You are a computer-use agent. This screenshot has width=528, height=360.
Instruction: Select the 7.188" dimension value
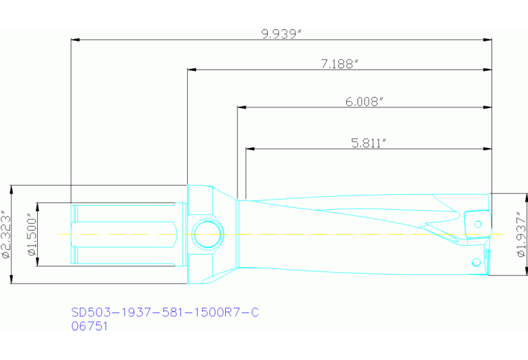pos(341,63)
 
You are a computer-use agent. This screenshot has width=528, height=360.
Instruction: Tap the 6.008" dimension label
pos(364,101)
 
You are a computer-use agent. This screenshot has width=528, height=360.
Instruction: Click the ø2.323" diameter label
pos(6,234)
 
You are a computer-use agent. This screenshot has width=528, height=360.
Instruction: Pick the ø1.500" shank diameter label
pos(31,234)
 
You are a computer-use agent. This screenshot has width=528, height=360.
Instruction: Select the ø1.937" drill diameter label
pos(520,234)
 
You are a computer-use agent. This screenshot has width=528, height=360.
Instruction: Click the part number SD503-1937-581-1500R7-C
pos(165,313)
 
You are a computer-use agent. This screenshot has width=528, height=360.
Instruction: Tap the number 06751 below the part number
pos(89,327)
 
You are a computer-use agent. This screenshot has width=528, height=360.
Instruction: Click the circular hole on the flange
pos(207,235)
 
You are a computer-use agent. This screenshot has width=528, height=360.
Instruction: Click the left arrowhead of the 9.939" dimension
pos(76,40)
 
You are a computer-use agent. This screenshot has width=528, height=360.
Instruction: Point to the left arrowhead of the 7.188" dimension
pos(192,70)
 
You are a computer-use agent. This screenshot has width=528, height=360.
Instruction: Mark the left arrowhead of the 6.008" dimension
pos(242,107)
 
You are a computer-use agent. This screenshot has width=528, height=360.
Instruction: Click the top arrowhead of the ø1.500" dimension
pos(37,207)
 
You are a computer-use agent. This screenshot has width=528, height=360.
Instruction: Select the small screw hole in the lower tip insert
pos(475,262)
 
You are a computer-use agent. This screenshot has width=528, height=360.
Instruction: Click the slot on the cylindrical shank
pos(124,234)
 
